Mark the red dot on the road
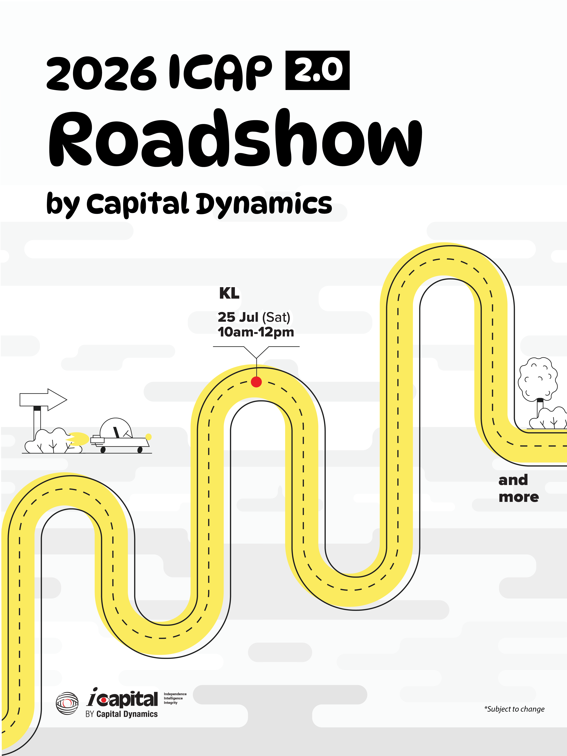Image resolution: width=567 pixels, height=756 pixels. (256, 382)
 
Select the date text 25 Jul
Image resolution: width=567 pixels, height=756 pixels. (238, 317)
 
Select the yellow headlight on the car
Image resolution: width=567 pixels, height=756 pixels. (148, 436)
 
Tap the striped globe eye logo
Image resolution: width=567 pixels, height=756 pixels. (67, 703)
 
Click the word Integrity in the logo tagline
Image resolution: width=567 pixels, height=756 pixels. (171, 703)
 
